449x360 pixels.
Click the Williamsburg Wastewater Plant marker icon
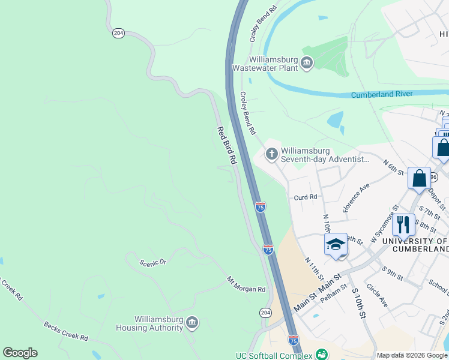tap(307, 63)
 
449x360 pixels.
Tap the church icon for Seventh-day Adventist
tap(271, 154)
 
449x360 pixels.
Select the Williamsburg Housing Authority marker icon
tap(192, 323)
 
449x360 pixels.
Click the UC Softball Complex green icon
tap(322, 355)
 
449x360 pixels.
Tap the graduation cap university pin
tap(336, 245)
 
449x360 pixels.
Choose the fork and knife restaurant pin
tap(403, 225)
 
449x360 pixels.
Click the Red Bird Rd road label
tap(227, 146)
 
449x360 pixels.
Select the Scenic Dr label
tap(152, 263)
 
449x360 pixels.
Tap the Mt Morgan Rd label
tap(246, 285)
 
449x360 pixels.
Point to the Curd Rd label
tap(305, 197)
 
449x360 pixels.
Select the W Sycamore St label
tap(384, 225)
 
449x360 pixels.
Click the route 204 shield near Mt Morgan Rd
tap(265, 313)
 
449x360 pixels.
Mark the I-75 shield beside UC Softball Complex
tap(293, 341)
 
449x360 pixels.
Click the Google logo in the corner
tap(20, 353)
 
